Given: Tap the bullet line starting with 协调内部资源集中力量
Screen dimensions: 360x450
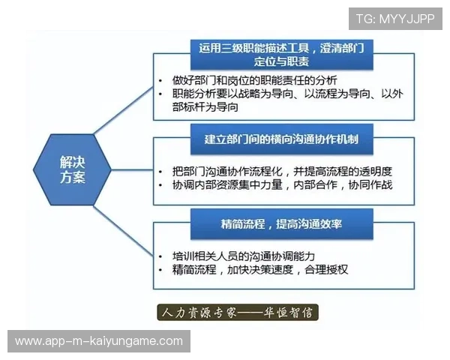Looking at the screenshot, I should pyautogui.click(x=282, y=184).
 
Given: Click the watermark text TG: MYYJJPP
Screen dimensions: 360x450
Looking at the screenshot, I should pyautogui.click(x=394, y=19).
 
